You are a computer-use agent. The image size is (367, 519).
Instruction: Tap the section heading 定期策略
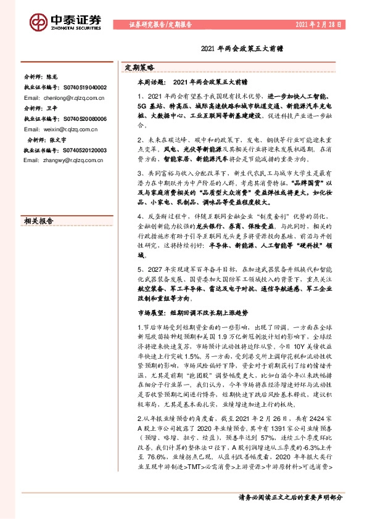coord(139,67)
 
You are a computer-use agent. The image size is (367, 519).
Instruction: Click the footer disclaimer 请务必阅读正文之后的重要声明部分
coord(290,497)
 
